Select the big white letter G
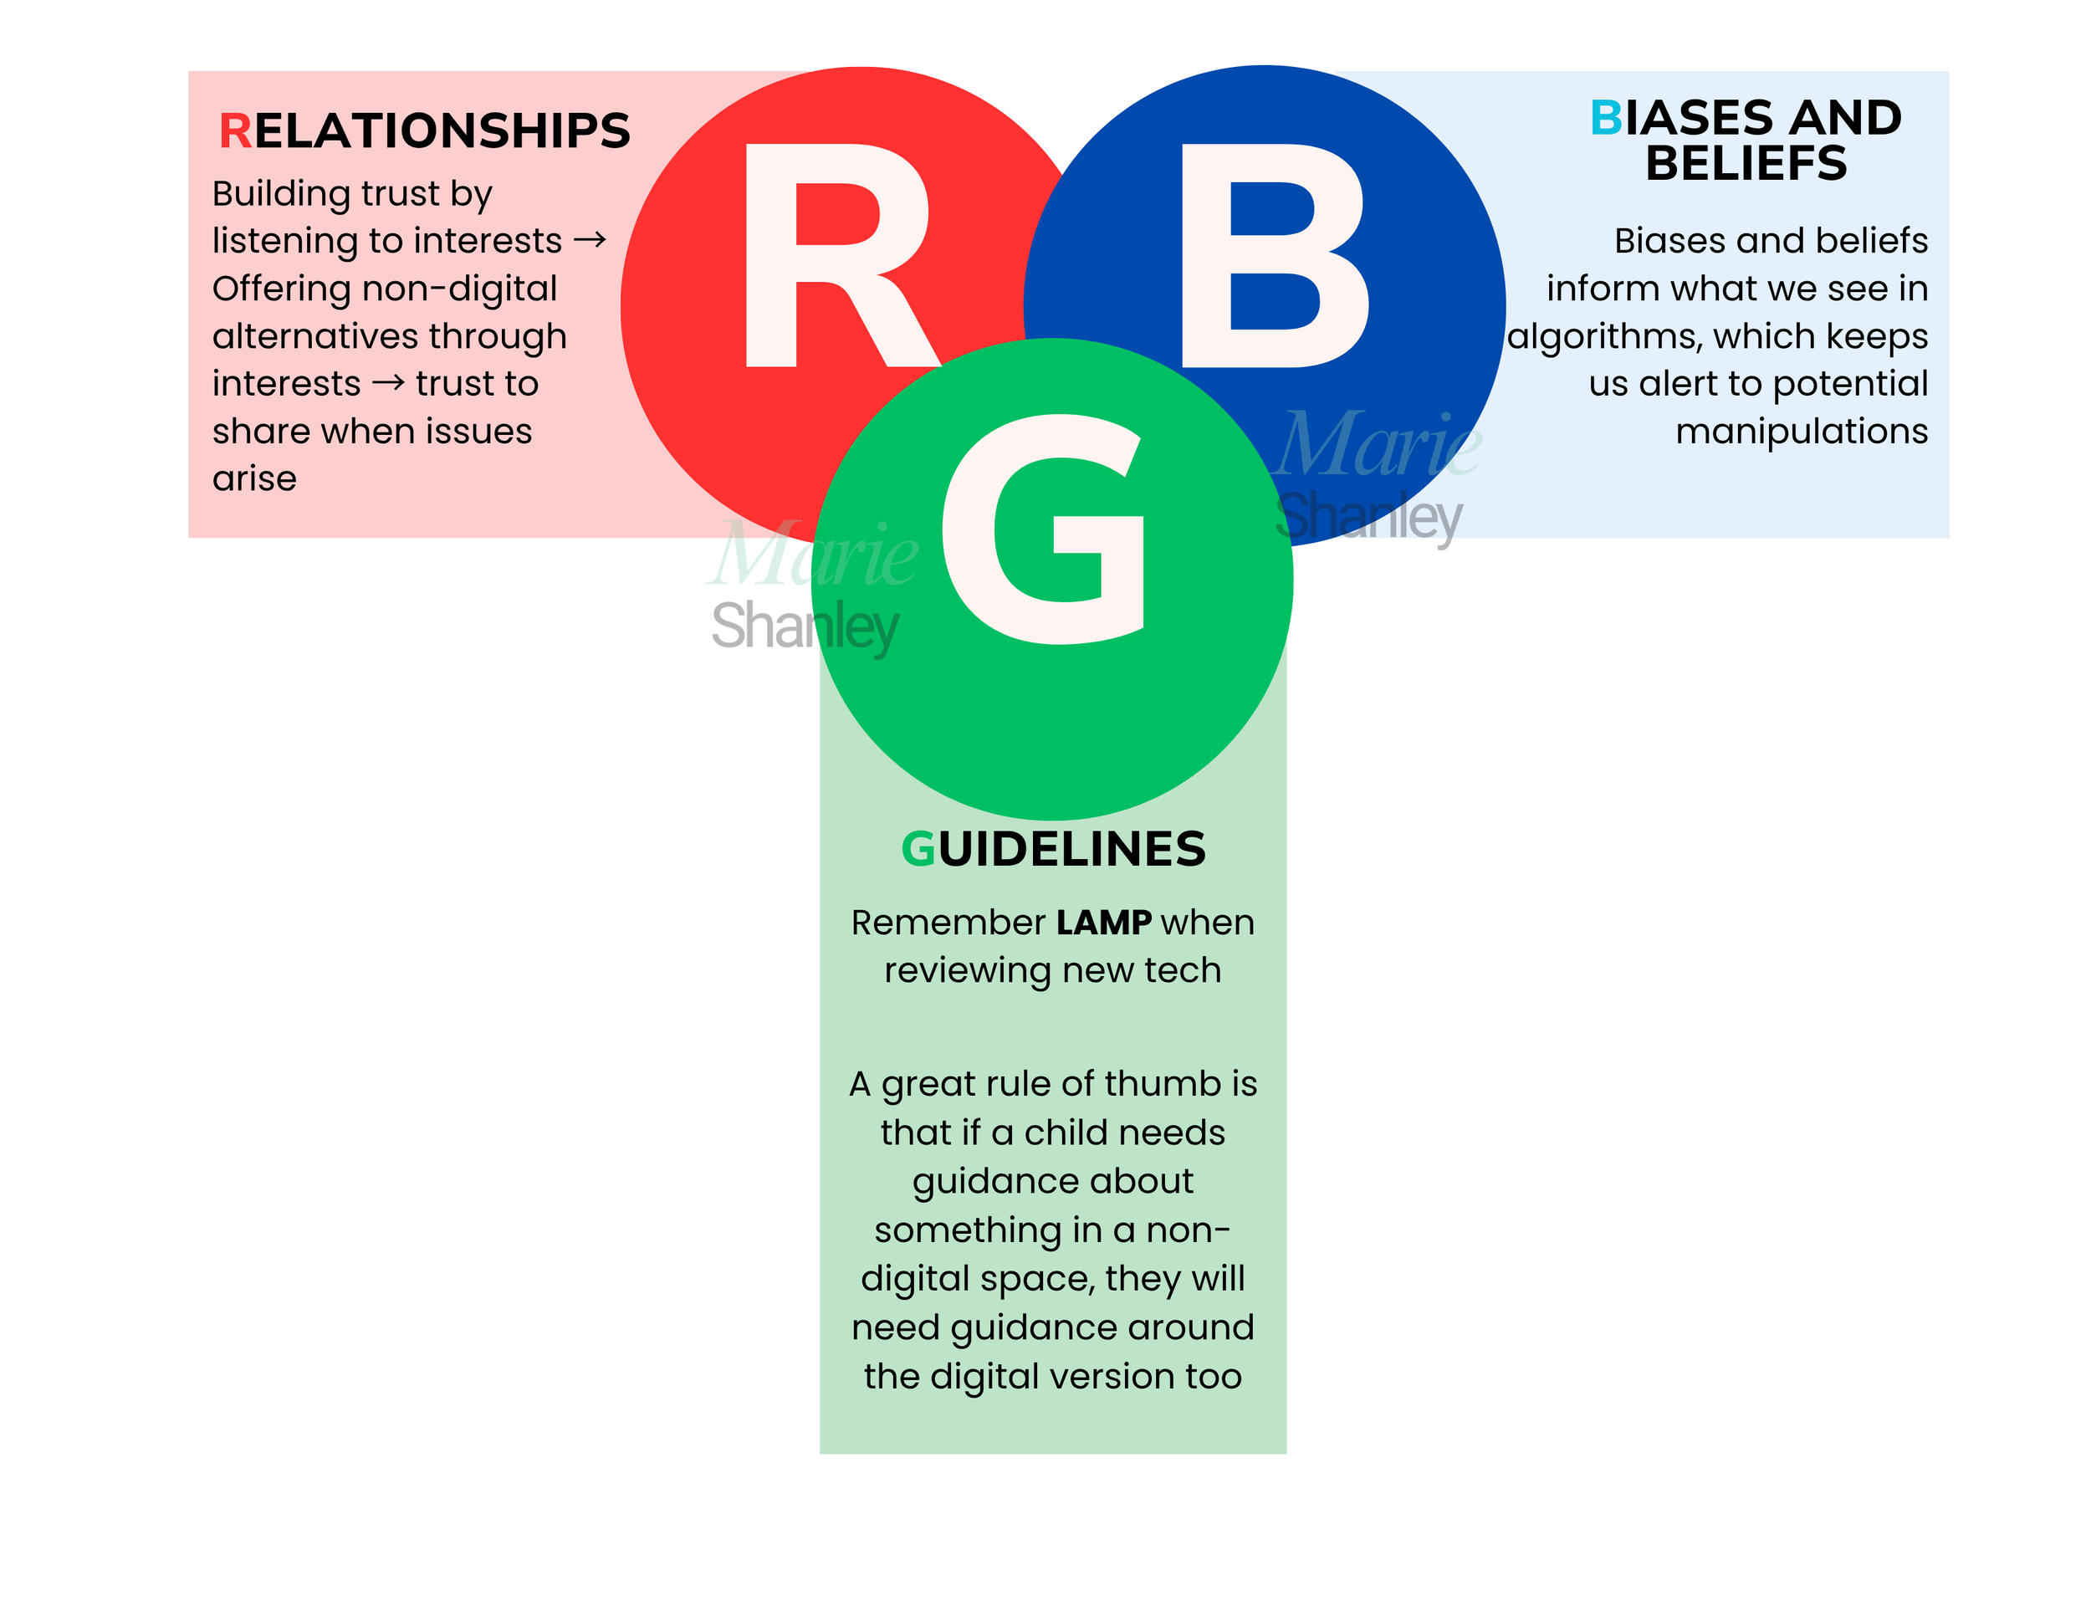pos(1044,529)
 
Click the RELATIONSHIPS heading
pos(425,131)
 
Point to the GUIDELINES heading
pos(1053,849)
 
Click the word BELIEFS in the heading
pos(1746,163)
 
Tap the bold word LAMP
pos(1104,922)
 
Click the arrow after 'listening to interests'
pos(590,239)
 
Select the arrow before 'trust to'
pos(389,383)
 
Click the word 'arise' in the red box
pos(254,478)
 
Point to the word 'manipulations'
pos(1802,432)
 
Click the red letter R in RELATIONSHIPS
pos(236,131)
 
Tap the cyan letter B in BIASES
pos(1607,118)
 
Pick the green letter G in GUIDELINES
pos(918,849)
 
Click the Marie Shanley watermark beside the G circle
pos(812,586)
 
